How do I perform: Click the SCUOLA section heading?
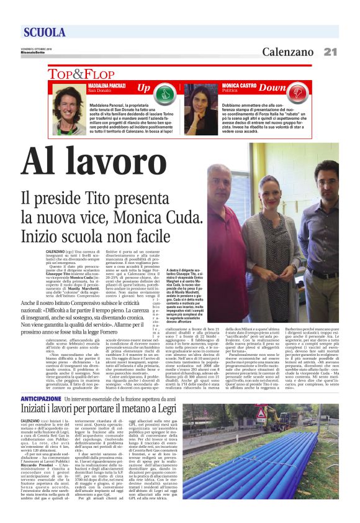pyautogui.click(x=45, y=32)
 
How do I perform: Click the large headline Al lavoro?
pyautogui.click(x=92, y=165)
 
